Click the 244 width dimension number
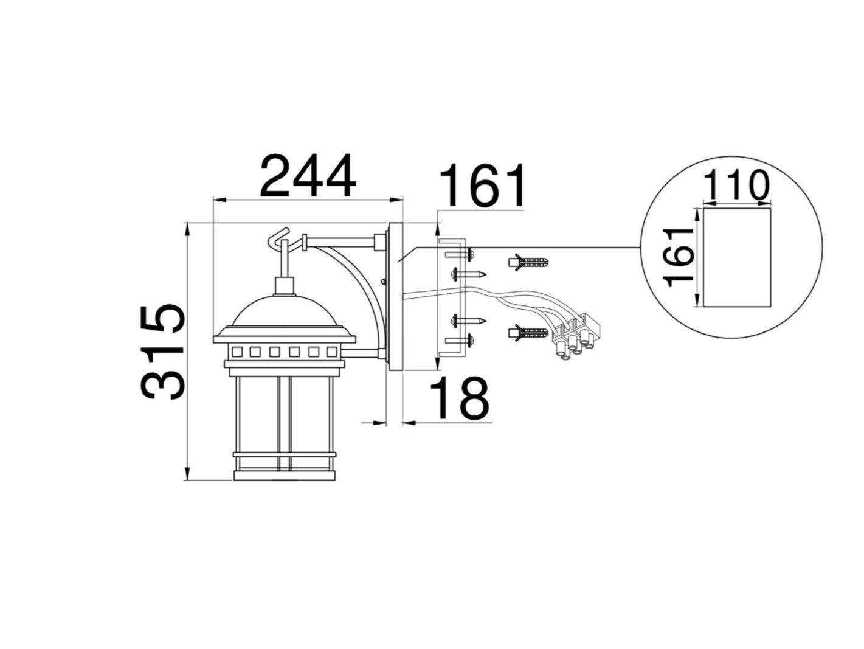pyautogui.click(x=307, y=176)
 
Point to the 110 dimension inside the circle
pyautogui.click(x=736, y=186)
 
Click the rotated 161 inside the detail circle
pyautogui.click(x=679, y=257)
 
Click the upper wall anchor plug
pyautogui.click(x=528, y=263)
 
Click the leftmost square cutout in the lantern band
pyautogui.click(x=237, y=352)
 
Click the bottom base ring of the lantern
pyautogui.click(x=283, y=475)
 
